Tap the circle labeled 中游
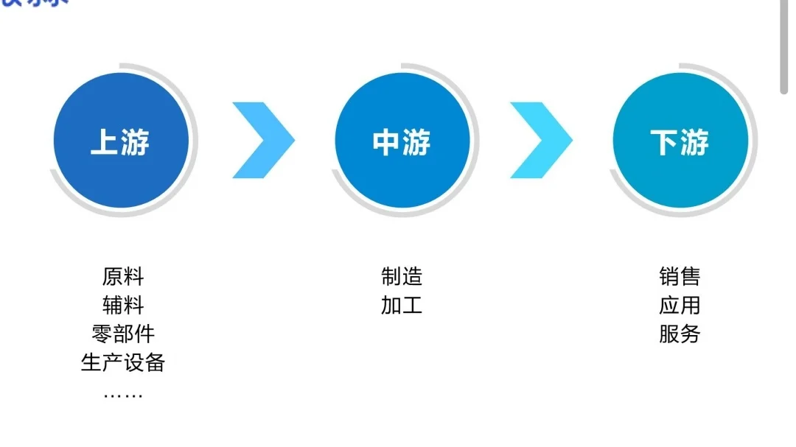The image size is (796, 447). click(402, 140)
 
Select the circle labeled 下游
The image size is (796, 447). click(680, 140)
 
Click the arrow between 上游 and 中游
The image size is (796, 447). click(264, 140)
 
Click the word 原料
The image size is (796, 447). click(123, 277)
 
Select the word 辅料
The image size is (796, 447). click(123, 305)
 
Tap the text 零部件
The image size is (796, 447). click(123, 334)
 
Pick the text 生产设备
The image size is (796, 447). click(123, 362)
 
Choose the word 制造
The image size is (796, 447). click(402, 277)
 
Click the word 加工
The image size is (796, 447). click(402, 305)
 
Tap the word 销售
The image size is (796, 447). click(680, 277)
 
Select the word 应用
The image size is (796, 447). click(680, 305)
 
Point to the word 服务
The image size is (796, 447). click(680, 334)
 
